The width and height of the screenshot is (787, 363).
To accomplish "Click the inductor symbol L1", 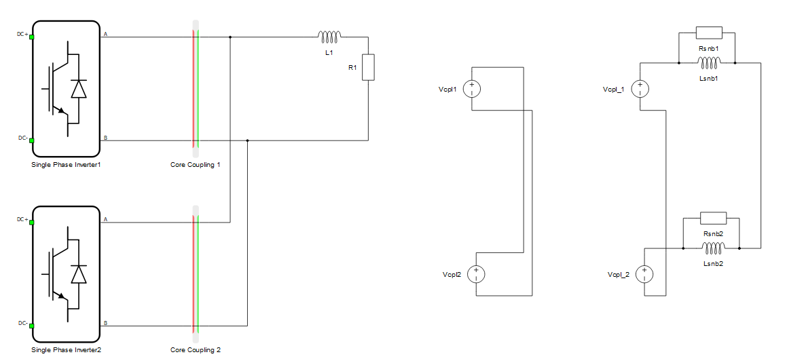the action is click(330, 35).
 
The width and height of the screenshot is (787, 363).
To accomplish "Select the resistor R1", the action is click(369, 67).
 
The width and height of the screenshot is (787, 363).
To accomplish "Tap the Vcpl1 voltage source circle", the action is click(472, 89).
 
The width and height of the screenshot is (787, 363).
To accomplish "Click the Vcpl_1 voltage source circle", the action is click(640, 89).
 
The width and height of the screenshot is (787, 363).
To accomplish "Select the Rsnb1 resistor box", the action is click(709, 33).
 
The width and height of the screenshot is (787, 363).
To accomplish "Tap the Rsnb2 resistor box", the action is click(713, 218).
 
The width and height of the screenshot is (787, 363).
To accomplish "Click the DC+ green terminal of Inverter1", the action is click(32, 37).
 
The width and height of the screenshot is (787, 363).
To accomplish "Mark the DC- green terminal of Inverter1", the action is click(32, 140).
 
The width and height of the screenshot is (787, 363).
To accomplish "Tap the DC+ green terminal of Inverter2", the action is click(32, 222).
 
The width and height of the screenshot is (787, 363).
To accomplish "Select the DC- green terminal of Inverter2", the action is click(32, 326).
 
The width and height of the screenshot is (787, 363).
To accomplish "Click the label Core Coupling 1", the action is click(196, 164).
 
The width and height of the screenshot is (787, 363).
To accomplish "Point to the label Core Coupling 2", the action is click(196, 349).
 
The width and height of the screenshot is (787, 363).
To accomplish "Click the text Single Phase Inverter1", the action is click(67, 164).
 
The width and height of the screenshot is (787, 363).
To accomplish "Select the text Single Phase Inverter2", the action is click(67, 349).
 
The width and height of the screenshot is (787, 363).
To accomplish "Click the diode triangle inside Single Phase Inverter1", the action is click(79, 89).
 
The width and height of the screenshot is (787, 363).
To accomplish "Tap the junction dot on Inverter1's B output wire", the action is click(248, 140).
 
